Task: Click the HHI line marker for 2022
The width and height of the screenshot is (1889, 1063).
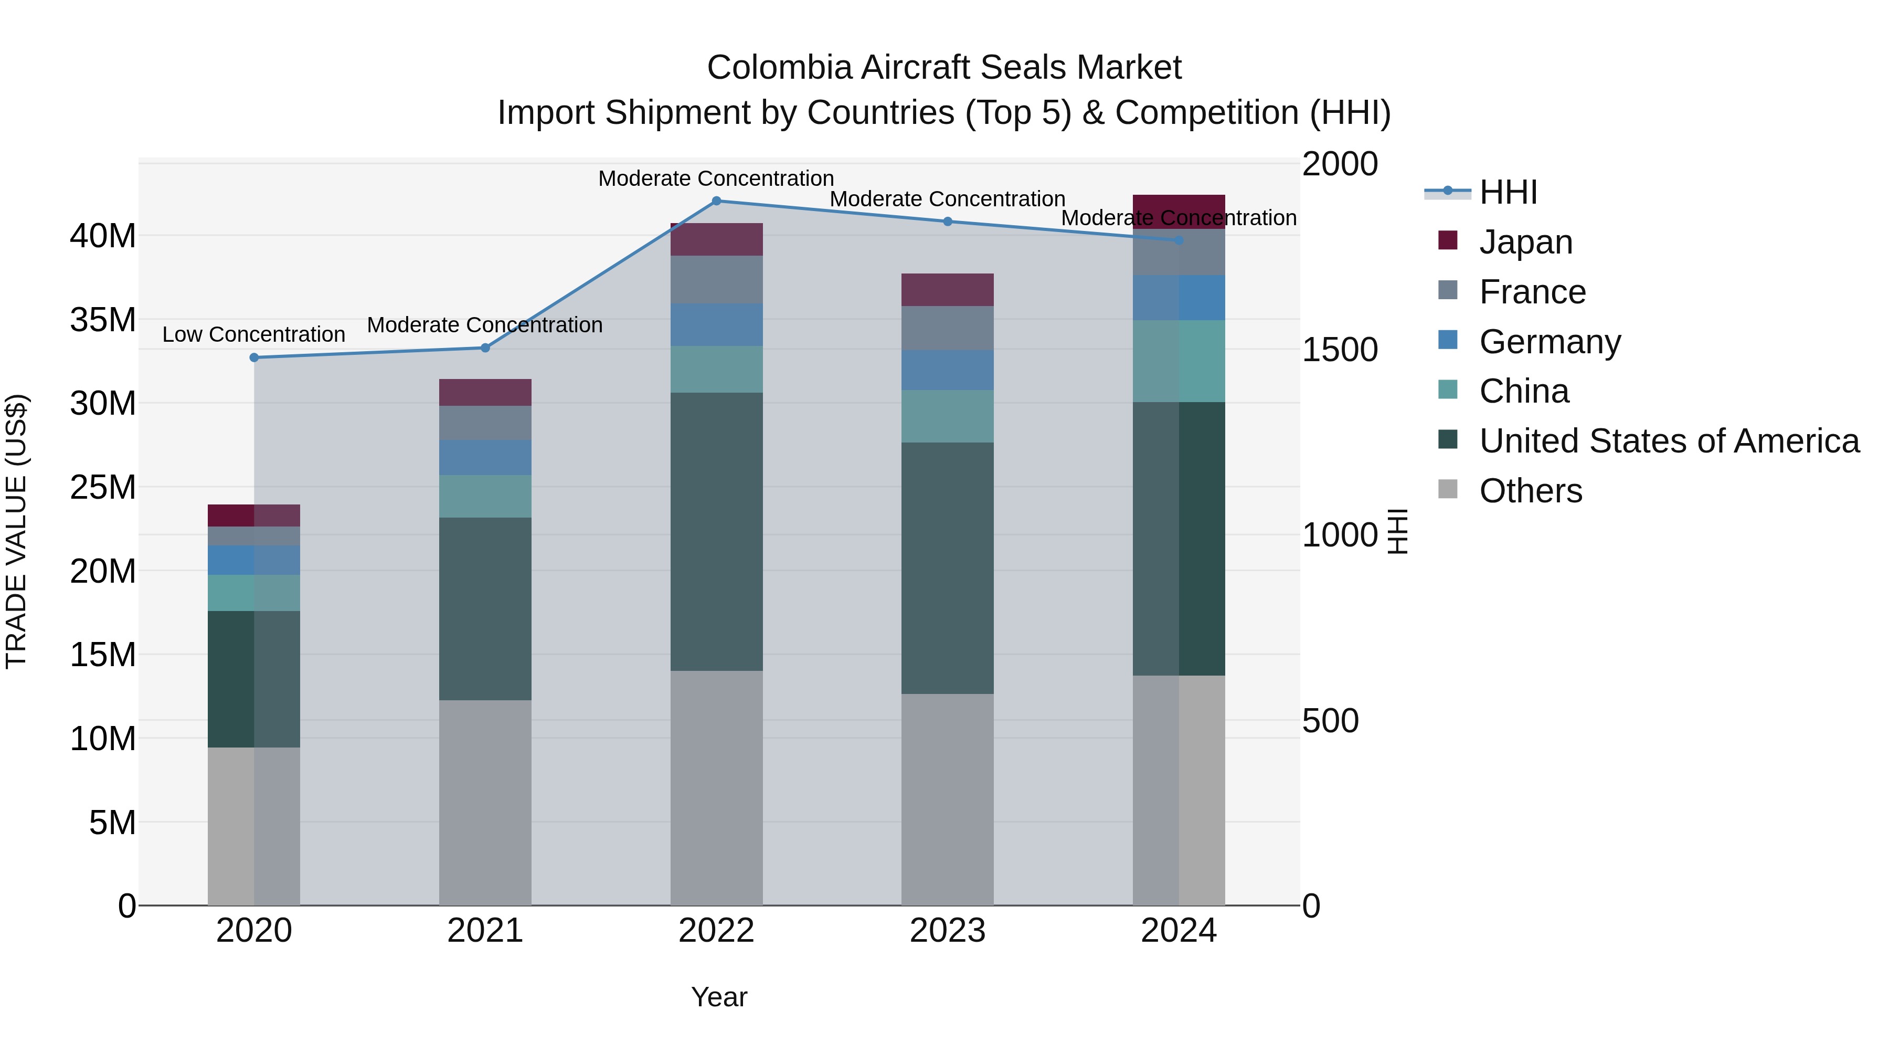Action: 716,201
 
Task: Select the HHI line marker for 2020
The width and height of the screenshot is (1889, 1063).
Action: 254,358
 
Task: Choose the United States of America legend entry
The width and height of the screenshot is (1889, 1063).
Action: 1668,441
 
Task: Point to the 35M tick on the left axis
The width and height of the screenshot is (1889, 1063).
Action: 103,320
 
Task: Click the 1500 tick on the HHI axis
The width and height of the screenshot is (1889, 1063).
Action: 1339,350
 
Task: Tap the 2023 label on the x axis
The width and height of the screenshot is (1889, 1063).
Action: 948,931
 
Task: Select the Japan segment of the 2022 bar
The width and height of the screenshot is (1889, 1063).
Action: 716,239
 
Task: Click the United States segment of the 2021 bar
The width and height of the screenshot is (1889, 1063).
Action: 485,609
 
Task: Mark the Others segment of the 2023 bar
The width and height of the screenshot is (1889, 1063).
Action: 948,799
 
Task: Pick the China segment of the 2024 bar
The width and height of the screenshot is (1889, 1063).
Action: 1179,361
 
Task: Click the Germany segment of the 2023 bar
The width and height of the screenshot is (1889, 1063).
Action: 948,370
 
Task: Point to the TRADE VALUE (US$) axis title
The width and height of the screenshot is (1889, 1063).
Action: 16,531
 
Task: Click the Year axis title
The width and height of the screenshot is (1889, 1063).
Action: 719,997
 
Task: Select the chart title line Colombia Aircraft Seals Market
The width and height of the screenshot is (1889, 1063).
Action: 944,68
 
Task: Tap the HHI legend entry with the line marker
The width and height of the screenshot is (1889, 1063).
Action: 1481,192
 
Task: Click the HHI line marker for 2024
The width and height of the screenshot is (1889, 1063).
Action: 1179,240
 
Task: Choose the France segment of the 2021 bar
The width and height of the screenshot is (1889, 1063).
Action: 485,423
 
